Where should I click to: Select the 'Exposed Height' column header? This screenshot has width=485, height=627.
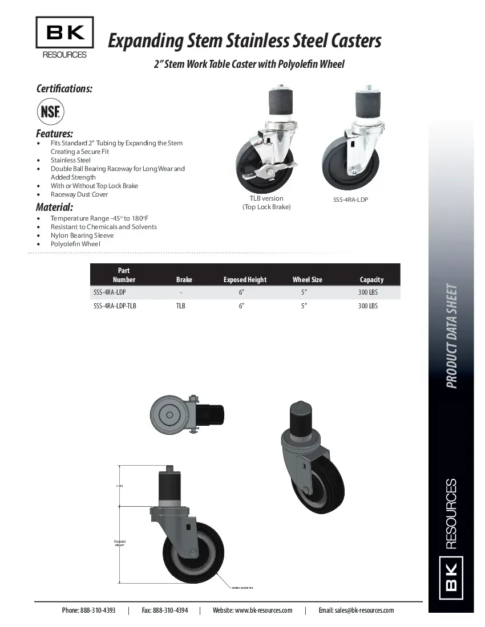[245, 279]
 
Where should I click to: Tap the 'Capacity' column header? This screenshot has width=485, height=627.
[371, 279]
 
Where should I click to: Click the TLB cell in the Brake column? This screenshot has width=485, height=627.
[180, 306]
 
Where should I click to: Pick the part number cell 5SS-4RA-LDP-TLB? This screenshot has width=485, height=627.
[115, 306]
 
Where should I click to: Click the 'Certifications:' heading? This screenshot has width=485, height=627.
[64, 88]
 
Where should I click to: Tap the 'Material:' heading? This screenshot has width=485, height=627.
[54, 207]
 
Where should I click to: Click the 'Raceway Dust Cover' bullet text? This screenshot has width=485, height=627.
[79, 194]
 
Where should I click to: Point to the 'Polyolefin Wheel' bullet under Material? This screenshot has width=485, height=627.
[75, 244]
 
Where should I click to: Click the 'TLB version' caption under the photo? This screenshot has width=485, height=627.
[266, 198]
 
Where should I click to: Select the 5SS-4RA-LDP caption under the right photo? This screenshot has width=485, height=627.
[350, 200]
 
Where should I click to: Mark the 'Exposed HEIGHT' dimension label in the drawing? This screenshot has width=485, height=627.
[119, 543]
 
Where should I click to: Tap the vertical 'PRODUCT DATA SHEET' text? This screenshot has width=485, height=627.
[451, 336]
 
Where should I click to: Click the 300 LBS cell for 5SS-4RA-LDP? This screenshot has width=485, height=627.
[368, 292]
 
